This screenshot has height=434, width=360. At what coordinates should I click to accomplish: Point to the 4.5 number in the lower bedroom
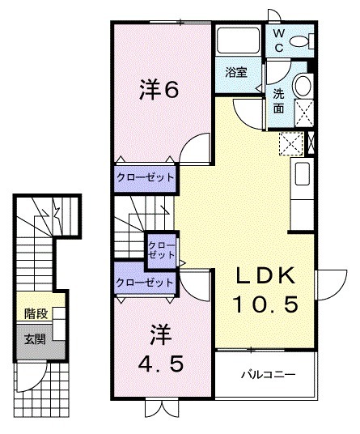pyautogui.click(x=159, y=364)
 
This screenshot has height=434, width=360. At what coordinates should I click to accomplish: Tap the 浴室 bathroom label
pyautogui.click(x=236, y=72)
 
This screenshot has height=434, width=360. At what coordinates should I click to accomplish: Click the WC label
pyautogui.click(x=277, y=40)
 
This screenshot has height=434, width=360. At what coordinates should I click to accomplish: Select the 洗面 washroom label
pyautogui.click(x=278, y=99)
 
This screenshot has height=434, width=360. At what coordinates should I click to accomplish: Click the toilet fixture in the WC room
pyautogui.click(x=301, y=40)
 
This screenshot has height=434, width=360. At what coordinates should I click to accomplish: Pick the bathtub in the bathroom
pyautogui.click(x=237, y=41)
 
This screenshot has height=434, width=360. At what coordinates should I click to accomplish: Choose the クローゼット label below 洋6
pyautogui.click(x=146, y=178)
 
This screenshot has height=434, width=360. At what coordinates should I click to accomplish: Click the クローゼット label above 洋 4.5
pyautogui.click(x=145, y=283)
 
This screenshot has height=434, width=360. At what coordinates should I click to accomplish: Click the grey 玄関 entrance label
pyautogui.click(x=35, y=338)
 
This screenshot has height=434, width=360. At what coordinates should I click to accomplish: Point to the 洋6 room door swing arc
pyautogui.click(x=194, y=149)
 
